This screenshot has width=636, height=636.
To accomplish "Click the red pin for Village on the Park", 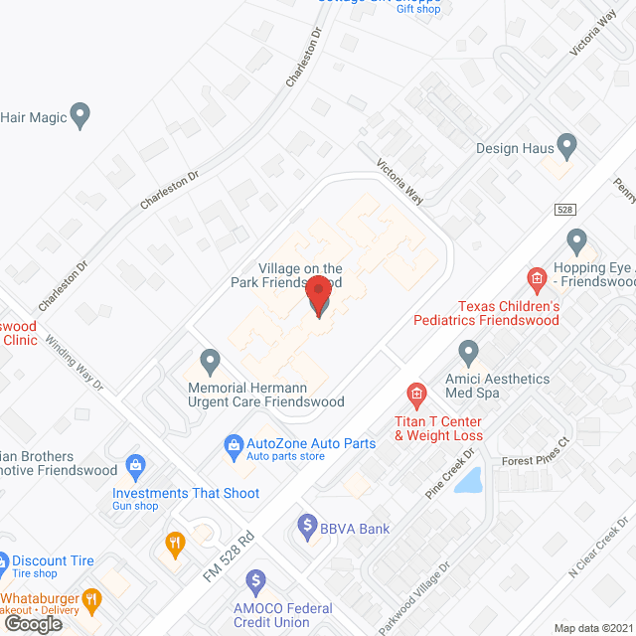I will [318, 295].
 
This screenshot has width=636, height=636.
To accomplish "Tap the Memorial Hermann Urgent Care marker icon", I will [210, 359].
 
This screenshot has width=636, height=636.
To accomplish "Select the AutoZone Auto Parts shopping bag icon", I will [234, 443].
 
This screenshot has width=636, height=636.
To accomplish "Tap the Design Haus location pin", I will [567, 147].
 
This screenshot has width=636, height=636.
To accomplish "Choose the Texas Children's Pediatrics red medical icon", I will [538, 278].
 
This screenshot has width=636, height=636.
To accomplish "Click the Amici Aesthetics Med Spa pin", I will [468, 352].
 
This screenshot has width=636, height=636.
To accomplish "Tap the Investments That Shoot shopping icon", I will [137, 466].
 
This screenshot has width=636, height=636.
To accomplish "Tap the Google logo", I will [33, 623].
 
